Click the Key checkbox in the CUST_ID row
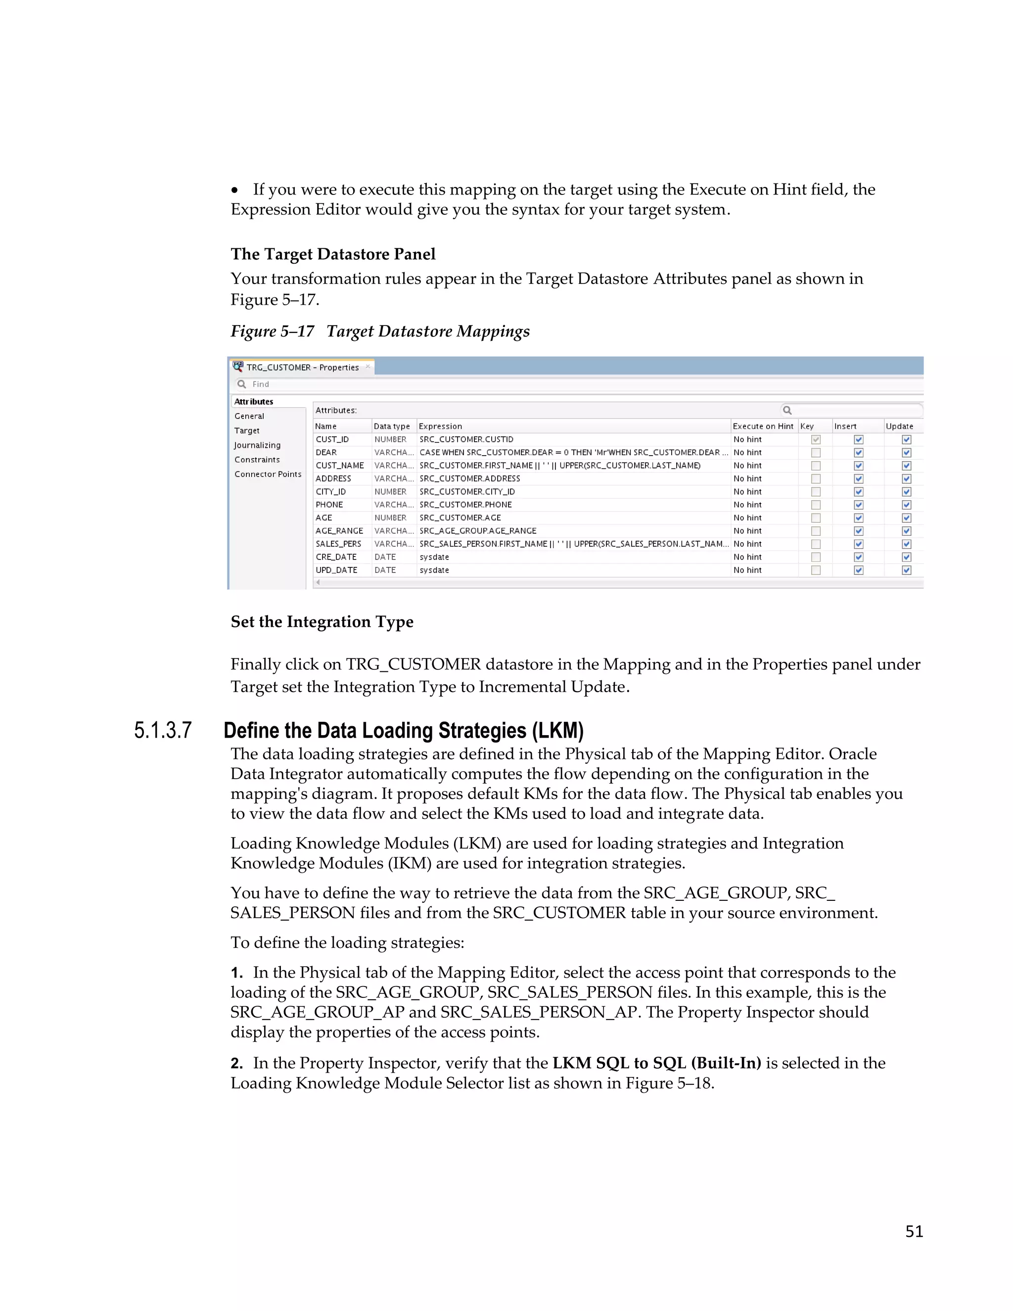tap(816, 439)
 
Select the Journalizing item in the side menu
tap(257, 445)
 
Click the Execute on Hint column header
tap(763, 426)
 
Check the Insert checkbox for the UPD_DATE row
tap(858, 570)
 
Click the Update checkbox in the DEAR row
tap(906, 453)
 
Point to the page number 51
tap(914, 1231)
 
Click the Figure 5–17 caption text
tap(380, 331)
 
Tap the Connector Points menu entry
tap(268, 474)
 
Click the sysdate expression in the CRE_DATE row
tap(434, 557)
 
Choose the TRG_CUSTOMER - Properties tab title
tap(302, 368)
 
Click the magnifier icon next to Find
tap(242, 384)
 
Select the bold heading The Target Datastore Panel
tap(333, 254)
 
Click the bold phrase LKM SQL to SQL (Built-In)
tap(656, 1063)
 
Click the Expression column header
tap(441, 426)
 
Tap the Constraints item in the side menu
tap(257, 460)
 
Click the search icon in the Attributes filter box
tap(787, 410)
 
